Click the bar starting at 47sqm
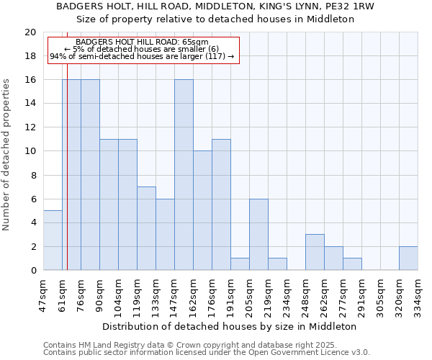[x=53, y=240]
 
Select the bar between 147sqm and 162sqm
[x=184, y=175]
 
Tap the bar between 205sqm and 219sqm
[x=258, y=235]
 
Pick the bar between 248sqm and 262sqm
[x=315, y=253]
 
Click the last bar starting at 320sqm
[x=408, y=258]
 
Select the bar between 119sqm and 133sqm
[x=146, y=228]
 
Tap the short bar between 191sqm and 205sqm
[x=240, y=264]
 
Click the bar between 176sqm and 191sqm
[x=221, y=204]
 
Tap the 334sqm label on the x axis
[x=418, y=294]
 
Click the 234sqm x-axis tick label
[x=287, y=294]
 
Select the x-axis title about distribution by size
[x=230, y=326]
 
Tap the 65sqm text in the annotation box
[x=195, y=42]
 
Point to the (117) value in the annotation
[x=216, y=56]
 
